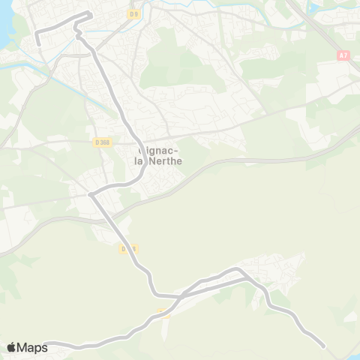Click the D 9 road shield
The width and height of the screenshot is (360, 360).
point(133,13)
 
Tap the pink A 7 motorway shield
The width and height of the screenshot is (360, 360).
point(343,55)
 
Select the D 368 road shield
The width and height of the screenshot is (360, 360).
point(102,142)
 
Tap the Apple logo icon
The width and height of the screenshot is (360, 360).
point(11,347)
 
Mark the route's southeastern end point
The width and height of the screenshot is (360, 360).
point(324,346)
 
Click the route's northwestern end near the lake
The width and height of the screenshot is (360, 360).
point(38,44)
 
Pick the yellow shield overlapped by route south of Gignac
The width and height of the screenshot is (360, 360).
point(127,248)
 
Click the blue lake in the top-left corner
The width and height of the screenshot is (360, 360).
point(6,22)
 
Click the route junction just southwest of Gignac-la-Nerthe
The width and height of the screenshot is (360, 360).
point(91,194)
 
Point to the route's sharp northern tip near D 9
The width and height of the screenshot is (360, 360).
point(90,13)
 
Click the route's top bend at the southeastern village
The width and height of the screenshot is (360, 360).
point(238,268)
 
